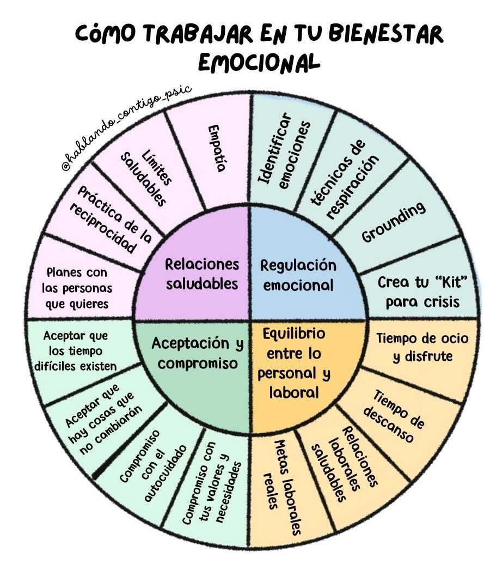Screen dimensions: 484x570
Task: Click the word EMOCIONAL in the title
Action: pyautogui.click(x=259, y=62)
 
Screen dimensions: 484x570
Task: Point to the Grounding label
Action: pyautogui.click(x=393, y=222)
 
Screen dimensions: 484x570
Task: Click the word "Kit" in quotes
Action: pyautogui.click(x=450, y=281)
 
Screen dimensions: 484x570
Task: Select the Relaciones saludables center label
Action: pyautogui.click(x=202, y=274)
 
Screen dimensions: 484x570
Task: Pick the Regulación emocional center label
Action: pyautogui.click(x=298, y=275)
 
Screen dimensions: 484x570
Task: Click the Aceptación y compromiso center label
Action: pyautogui.click(x=197, y=353)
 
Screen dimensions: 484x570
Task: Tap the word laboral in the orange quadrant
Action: pyautogui.click(x=294, y=392)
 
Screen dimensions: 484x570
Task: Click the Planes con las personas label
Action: pyautogui.click(x=77, y=288)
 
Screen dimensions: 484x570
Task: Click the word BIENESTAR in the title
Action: pyautogui.click(x=387, y=33)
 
